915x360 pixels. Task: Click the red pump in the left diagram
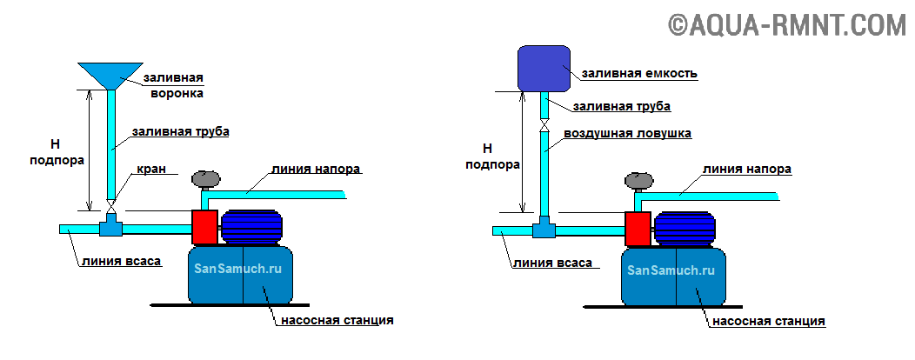pyautogui.click(x=205, y=226)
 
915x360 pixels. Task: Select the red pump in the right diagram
pyautogui.click(x=638, y=228)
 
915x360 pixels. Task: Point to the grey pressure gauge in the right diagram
pyautogui.click(x=639, y=180)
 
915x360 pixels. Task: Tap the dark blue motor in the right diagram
pyautogui.click(x=684, y=229)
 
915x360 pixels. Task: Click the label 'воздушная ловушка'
pyautogui.click(x=626, y=133)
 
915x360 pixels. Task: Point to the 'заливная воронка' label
pyautogui.click(x=173, y=84)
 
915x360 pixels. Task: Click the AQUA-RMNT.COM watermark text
pyautogui.click(x=786, y=24)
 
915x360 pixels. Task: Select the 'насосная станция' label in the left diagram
pyautogui.click(x=337, y=320)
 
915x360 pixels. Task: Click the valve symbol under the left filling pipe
pyautogui.click(x=110, y=210)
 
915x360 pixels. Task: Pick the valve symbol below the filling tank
pyautogui.click(x=544, y=126)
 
